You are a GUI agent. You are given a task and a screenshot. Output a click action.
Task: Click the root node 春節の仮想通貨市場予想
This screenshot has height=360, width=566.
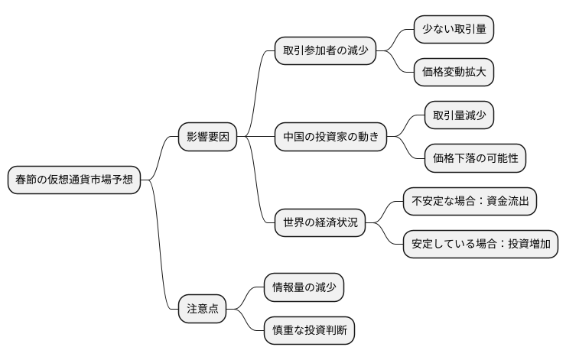73,180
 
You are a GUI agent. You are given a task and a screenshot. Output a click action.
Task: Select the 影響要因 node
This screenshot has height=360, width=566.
207,138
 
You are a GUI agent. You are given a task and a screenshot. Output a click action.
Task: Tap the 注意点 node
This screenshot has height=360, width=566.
203,309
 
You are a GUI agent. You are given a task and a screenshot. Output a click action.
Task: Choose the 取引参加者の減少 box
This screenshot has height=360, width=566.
325,51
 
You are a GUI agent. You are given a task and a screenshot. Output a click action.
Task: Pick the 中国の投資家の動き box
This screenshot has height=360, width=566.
330,138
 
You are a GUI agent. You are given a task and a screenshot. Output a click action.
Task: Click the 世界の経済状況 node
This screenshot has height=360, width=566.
320,223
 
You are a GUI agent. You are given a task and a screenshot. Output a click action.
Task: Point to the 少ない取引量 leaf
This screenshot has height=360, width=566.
454,30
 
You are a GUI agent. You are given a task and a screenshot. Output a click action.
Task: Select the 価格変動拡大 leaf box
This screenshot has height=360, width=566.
454,73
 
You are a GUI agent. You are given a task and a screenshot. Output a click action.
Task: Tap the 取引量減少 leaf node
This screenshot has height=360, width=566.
459,115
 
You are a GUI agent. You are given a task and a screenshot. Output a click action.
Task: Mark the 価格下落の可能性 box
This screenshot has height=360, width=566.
475,158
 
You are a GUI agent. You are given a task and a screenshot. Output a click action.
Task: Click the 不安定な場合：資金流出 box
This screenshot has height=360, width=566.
470,202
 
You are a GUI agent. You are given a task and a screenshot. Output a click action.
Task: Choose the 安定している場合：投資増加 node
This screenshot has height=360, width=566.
480,245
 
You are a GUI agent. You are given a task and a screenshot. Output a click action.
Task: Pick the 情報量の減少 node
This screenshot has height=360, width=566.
304,287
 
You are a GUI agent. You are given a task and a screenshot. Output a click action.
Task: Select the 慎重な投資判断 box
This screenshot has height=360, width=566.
309,330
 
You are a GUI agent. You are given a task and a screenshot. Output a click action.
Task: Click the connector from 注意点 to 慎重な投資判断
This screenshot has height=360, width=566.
245,321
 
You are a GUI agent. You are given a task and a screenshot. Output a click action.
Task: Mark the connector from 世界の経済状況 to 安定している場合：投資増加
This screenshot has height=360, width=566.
385,235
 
